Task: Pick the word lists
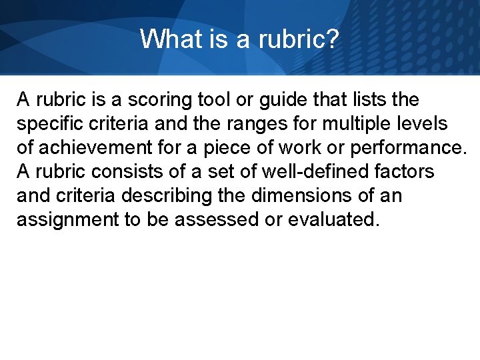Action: pos(369,101)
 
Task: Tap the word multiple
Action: pos(351,124)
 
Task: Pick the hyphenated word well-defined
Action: pos(301,172)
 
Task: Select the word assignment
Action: pos(67,220)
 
